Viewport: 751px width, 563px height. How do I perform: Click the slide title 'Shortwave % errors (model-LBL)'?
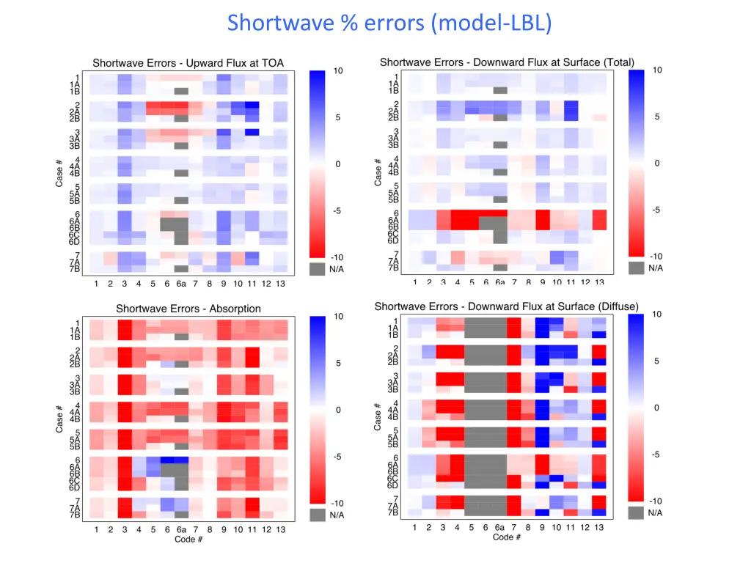tap(389, 23)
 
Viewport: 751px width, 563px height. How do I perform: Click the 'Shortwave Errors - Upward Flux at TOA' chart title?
tap(188, 63)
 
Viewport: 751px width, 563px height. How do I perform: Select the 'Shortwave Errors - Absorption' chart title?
tap(188, 309)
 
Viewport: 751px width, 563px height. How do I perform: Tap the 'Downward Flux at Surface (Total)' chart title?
tap(508, 62)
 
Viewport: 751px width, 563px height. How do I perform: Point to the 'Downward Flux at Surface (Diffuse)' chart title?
tap(506, 306)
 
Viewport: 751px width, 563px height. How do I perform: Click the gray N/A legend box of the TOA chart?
tap(318, 269)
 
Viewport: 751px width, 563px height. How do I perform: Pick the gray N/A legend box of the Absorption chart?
tap(318, 515)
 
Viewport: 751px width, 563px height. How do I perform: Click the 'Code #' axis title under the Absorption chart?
tap(188, 540)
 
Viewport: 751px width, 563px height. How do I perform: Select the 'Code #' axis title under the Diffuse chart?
tap(507, 537)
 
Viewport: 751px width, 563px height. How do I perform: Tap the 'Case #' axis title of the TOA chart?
tap(60, 173)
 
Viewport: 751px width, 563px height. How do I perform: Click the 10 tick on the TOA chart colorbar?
tap(338, 71)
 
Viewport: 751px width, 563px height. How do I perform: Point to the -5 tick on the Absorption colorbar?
tap(338, 457)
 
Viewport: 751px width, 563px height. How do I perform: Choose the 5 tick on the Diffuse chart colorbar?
tap(656, 361)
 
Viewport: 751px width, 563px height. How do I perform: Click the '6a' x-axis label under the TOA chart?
tap(181, 284)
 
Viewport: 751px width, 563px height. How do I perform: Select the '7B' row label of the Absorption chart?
tap(75, 514)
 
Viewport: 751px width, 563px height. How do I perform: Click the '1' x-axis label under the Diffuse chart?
tap(414, 527)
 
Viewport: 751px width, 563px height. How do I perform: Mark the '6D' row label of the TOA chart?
tap(75, 241)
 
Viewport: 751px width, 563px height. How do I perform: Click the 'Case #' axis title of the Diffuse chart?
tap(378, 416)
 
